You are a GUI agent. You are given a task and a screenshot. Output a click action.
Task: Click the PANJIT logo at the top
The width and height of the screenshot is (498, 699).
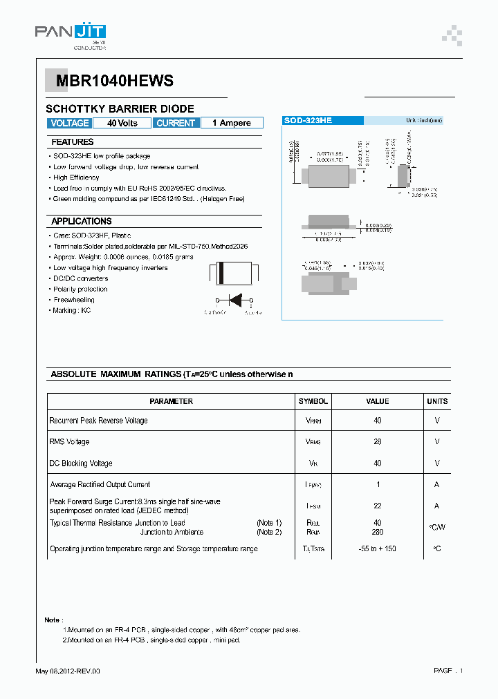point(71,32)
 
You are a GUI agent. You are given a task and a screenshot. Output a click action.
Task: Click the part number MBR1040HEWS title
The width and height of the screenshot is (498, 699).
point(109,81)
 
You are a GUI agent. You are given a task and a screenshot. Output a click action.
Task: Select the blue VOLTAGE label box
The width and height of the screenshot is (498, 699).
point(70,123)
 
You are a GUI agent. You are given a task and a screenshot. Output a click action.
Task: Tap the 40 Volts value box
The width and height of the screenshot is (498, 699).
point(122,123)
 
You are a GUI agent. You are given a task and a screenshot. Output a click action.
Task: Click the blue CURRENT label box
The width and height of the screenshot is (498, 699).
point(176,123)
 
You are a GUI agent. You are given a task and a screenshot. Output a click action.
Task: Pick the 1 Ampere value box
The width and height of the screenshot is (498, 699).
point(231,123)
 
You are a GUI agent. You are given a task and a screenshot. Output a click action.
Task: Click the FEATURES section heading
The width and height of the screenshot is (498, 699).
point(72,142)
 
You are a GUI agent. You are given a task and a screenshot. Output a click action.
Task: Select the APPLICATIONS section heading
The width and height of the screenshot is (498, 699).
point(81,221)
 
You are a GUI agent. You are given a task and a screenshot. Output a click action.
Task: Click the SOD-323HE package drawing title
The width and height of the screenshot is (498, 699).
point(308,120)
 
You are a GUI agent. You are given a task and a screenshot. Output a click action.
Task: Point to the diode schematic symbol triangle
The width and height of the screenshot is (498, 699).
point(234,300)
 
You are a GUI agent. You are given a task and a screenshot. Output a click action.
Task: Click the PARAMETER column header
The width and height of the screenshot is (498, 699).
point(171,401)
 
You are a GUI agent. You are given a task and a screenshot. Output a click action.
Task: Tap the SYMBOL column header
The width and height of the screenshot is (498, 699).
point(313,401)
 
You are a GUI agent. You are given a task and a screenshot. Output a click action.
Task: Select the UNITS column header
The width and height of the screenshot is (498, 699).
point(437,401)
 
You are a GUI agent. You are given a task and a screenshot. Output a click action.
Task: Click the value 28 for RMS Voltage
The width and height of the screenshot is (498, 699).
point(378,442)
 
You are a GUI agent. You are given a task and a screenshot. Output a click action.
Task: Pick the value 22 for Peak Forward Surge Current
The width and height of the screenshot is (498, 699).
point(378,506)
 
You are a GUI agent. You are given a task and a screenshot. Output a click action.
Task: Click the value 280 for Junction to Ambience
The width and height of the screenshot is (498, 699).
point(378,532)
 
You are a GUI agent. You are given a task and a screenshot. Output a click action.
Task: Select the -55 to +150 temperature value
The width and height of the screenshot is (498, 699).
point(378,549)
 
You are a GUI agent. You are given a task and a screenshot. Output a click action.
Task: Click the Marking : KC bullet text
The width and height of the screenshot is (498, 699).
point(72,311)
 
